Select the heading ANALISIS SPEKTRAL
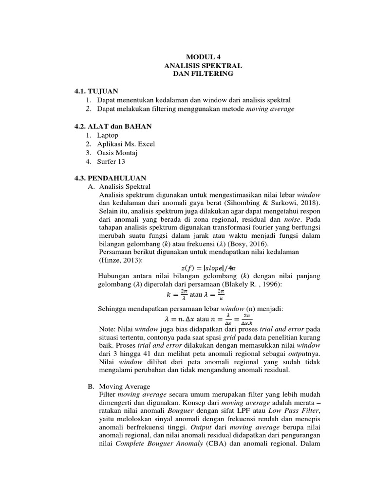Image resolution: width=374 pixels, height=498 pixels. pos(203,65)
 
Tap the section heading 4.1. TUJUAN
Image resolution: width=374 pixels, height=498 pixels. pos(96,91)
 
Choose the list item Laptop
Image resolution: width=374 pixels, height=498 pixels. pos(108,135)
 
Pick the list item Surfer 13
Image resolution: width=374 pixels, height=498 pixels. pos(111,161)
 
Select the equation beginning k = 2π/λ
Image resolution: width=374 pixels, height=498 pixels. pos(194,294)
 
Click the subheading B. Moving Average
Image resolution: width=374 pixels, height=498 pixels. pos(119,386)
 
